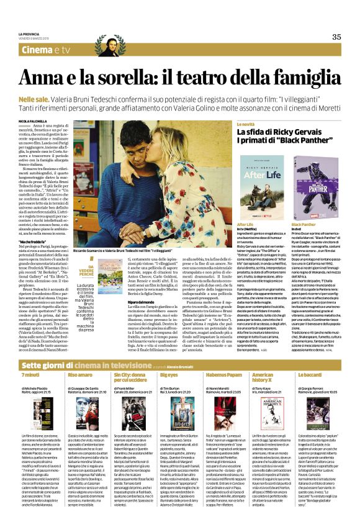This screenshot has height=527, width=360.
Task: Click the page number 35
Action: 336,37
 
